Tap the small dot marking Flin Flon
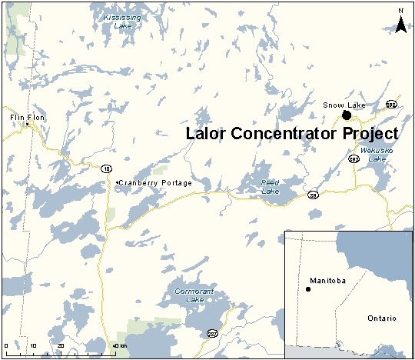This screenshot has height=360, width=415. click(x=27, y=123)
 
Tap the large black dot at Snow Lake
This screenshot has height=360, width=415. click(x=347, y=115)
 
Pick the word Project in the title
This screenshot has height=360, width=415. click(x=370, y=132)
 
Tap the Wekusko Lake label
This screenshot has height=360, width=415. click(x=377, y=155)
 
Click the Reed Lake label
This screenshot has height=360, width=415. click(x=271, y=186)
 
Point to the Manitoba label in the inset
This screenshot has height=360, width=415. click(x=328, y=281)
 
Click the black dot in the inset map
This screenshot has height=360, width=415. click(x=308, y=289)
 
